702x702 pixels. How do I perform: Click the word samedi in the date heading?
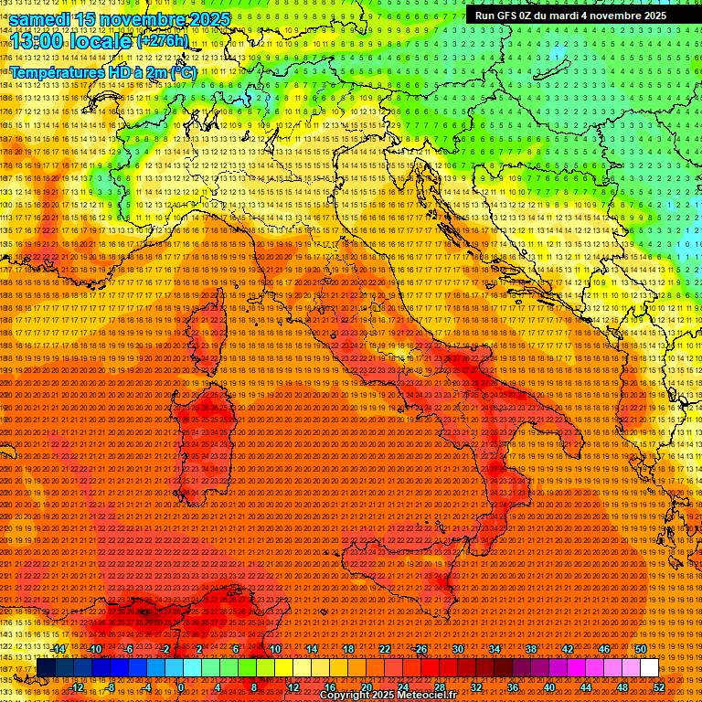pos(42,19)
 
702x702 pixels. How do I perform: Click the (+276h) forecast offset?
pos(163,41)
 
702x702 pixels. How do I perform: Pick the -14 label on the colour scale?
pos(58,649)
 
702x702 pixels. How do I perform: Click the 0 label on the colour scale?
pos(182,687)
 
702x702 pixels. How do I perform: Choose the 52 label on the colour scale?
pos(658,687)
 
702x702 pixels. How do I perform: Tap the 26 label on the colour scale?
pos(421,649)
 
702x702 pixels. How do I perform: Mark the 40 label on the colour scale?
pos(549,687)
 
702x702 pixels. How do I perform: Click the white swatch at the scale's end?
pos(649,668)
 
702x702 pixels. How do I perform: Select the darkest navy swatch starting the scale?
pos(46,668)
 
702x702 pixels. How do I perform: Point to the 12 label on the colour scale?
pos(293,687)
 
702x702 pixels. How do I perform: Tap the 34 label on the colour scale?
pos(495,649)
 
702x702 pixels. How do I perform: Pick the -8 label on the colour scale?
pos(111,687)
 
